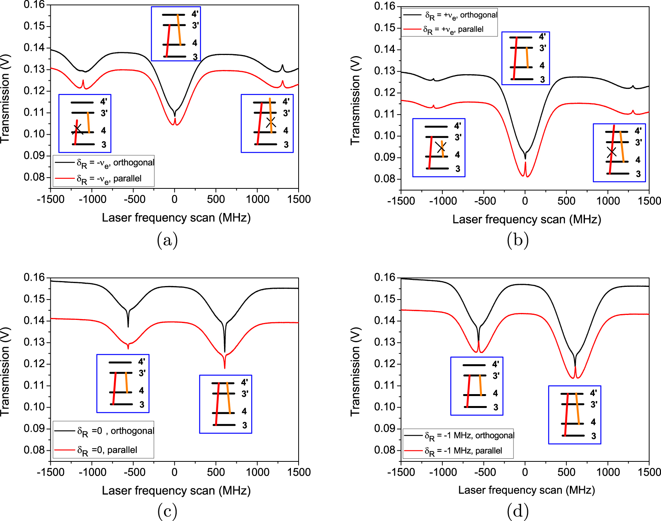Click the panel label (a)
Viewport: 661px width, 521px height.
coord(167,240)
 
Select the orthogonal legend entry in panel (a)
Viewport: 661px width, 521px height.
coord(115,163)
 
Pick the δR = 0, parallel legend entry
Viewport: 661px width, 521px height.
coord(107,450)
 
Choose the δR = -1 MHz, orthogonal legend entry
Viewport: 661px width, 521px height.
coord(469,436)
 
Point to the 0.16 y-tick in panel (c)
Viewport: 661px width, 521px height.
coord(34,278)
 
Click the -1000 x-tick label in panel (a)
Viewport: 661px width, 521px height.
coord(92,199)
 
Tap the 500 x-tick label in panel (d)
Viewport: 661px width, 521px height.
coord(566,472)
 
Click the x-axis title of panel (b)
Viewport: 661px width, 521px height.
coord(526,220)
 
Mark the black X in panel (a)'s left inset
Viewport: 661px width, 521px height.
coord(78,129)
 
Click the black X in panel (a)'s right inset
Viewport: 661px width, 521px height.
coord(271,122)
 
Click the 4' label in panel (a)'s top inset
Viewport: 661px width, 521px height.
coord(195,14)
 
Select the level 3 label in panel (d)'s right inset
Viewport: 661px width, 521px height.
coord(593,436)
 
